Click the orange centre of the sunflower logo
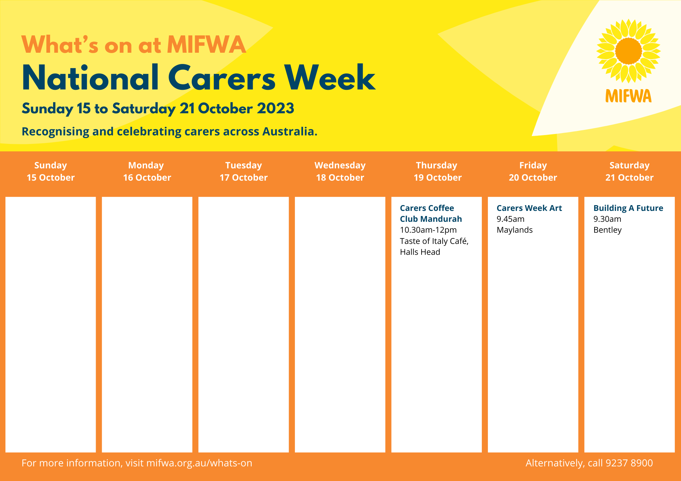629,51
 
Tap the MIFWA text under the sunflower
629,96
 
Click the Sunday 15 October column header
51,171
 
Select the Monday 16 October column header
147,171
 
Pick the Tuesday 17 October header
243,171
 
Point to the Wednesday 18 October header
340,171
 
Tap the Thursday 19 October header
438,171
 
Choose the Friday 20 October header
533,171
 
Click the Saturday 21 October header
630,171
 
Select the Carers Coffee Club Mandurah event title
431,213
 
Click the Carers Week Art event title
529,208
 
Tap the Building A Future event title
628,208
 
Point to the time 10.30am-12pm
428,230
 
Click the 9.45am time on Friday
510,219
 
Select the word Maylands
514,230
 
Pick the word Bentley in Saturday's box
607,230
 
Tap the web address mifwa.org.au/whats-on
199,463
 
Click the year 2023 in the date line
275,109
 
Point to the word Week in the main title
330,78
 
